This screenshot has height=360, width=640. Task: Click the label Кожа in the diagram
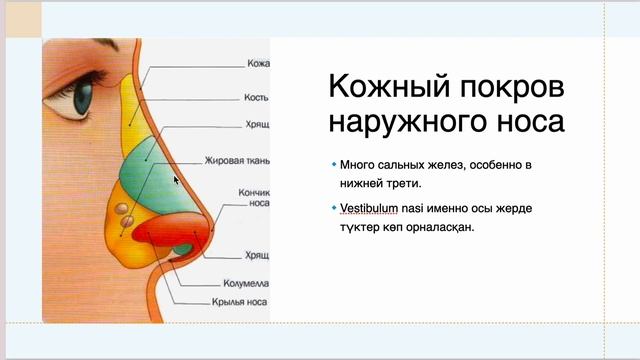256,64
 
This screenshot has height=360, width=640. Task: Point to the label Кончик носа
251,195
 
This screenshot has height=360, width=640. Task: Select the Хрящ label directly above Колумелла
256,255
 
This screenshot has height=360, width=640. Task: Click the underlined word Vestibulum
370,208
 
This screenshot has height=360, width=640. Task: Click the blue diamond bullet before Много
332,163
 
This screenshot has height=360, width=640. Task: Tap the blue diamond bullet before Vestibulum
332,207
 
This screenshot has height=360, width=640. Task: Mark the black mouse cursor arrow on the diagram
176,180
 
